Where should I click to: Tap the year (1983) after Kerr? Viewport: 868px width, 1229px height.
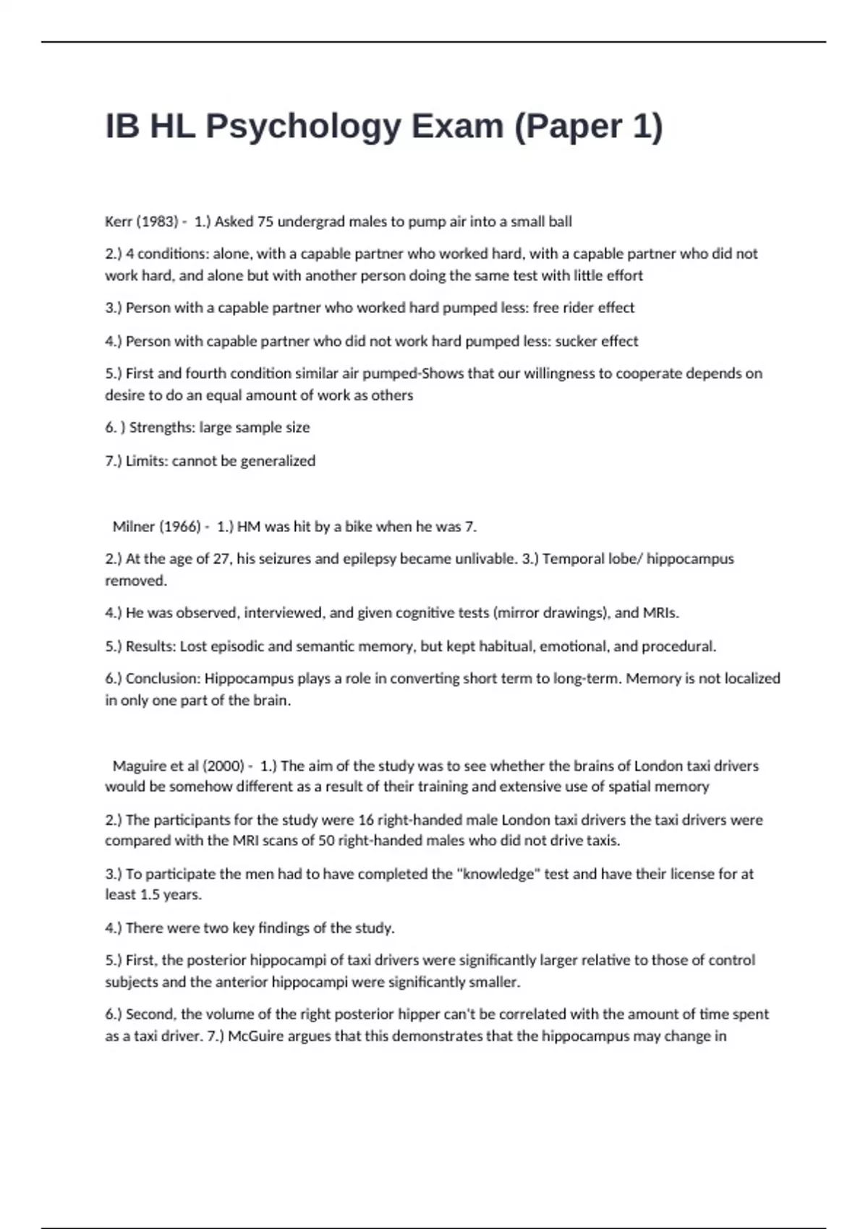[157, 222]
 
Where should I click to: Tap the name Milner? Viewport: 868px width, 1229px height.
[134, 527]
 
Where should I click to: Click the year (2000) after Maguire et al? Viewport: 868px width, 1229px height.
[224, 766]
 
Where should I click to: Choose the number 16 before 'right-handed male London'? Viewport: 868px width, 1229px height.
[365, 821]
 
